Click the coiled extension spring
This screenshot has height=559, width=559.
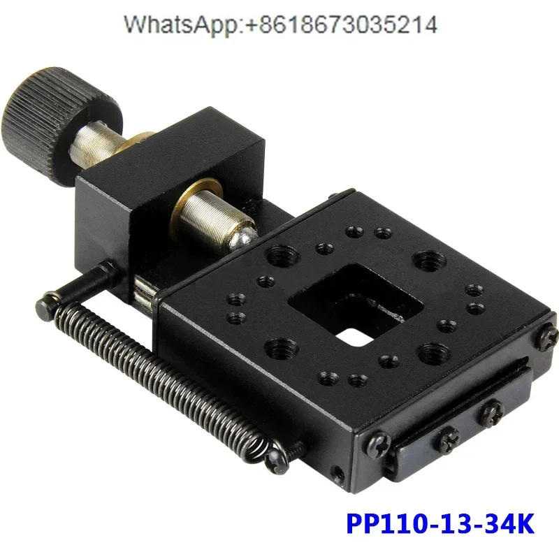click(x=168, y=377)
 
